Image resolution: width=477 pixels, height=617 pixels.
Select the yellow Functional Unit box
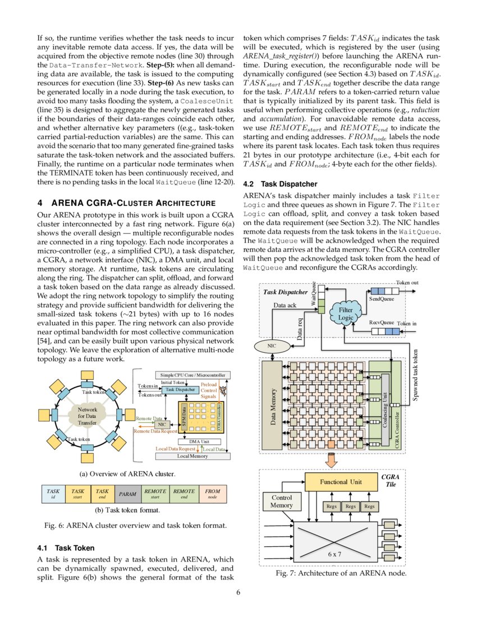(341, 481)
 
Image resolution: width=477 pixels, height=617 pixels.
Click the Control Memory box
(281, 501)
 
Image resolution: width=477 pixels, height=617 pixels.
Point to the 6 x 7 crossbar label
(334, 553)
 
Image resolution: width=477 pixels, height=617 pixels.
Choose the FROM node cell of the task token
(212, 494)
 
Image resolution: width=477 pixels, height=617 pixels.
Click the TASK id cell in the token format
(53, 494)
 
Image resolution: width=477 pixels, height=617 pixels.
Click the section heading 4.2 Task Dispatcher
(280, 184)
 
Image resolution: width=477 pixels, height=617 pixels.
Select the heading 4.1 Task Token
(66, 547)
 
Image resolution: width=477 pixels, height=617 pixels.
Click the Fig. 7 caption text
(341, 573)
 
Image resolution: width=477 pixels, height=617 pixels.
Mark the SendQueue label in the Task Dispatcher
(381, 300)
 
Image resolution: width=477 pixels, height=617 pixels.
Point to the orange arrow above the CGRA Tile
(331, 459)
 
